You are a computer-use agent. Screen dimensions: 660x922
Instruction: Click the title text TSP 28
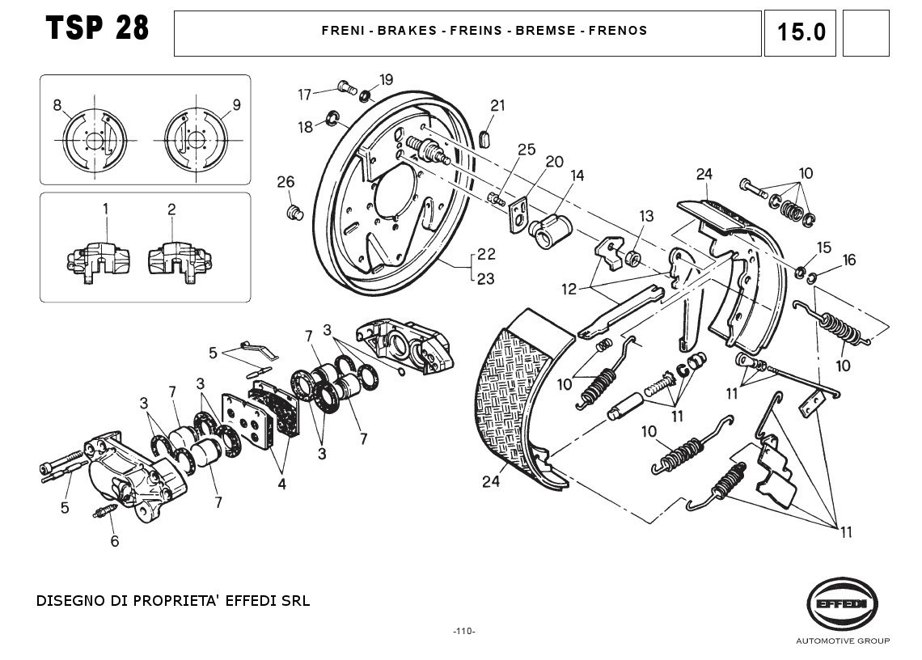click(x=98, y=28)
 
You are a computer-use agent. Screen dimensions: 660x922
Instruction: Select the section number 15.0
click(x=801, y=32)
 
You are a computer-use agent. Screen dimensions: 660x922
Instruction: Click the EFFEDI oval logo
click(x=842, y=603)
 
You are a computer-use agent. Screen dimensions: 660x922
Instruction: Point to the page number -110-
click(x=463, y=631)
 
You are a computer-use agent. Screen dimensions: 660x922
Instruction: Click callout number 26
click(x=285, y=181)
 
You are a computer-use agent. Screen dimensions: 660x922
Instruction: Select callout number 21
click(x=497, y=105)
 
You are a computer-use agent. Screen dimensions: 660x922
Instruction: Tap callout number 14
click(x=577, y=176)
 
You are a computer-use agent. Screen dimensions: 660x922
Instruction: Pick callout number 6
click(x=114, y=541)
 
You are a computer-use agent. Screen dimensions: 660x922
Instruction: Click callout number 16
click(x=848, y=260)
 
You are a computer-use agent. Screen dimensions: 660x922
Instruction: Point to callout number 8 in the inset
click(x=57, y=104)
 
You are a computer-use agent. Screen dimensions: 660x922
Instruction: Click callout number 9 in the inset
click(x=236, y=104)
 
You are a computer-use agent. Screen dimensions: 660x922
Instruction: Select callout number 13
click(x=646, y=216)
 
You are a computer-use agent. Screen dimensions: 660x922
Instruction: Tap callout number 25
click(x=527, y=150)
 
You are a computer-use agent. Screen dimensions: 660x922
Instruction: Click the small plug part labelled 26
click(x=294, y=213)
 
